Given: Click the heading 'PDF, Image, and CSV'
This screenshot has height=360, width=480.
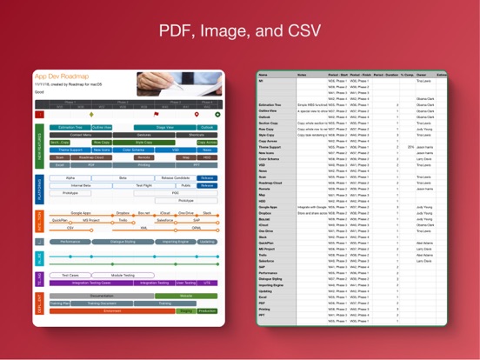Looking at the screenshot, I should point(239,32).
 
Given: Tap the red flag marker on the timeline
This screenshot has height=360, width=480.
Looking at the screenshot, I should point(157,114).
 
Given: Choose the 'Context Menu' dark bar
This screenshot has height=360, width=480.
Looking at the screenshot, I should point(80,135).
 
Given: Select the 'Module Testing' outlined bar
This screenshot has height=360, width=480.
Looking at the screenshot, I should point(123,275).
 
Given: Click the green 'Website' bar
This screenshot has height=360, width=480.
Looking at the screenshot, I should point(186,296).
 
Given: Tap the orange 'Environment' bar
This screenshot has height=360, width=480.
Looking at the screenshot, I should point(113,310).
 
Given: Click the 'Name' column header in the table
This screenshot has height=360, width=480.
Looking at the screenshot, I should point(263,75).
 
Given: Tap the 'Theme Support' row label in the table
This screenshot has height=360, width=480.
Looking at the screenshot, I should point(270,147).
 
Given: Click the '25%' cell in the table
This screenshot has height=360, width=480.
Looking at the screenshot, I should point(410,147).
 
